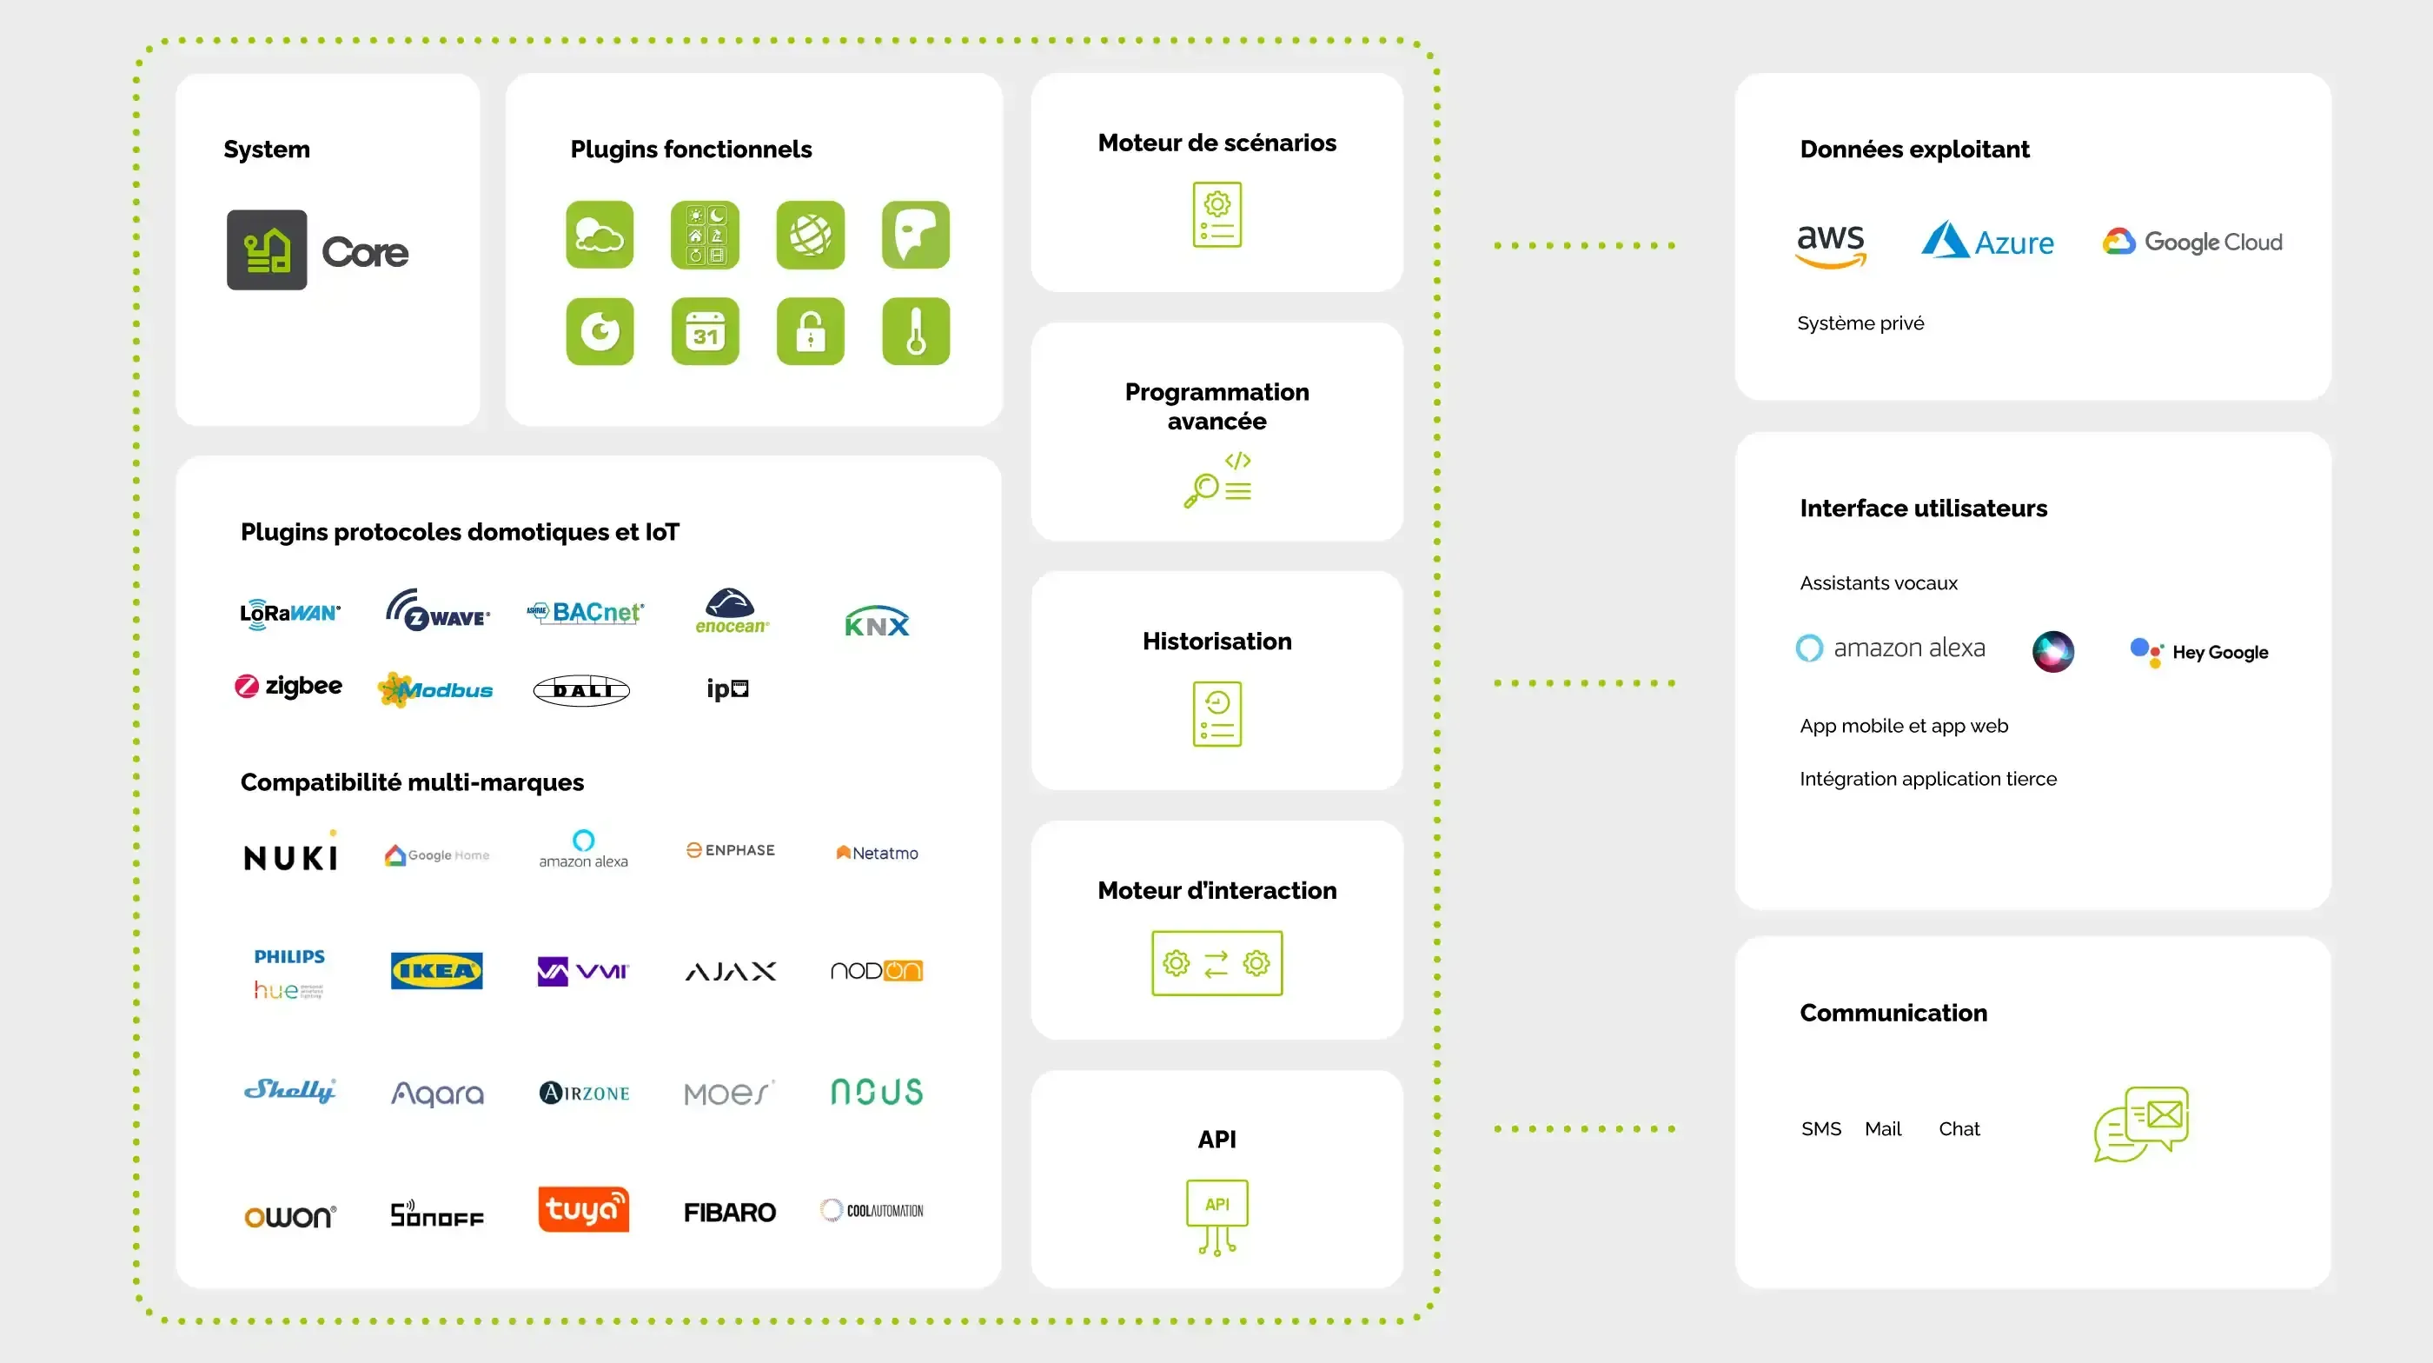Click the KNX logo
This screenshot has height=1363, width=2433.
click(877, 622)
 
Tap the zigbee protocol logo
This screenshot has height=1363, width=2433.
click(288, 686)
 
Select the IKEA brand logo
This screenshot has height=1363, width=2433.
click(436, 970)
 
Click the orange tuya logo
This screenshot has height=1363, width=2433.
click(583, 1209)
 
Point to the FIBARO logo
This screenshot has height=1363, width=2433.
click(729, 1212)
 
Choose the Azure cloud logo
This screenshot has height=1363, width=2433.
click(1987, 241)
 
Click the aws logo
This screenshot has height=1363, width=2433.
click(1831, 244)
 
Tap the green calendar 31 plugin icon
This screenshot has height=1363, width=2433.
click(705, 331)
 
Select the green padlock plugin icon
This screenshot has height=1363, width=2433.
click(811, 331)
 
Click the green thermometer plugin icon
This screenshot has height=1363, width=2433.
click(915, 331)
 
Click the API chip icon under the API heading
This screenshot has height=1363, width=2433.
click(1216, 1215)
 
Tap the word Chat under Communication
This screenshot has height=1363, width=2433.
click(1959, 1129)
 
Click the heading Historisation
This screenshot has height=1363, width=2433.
click(1216, 642)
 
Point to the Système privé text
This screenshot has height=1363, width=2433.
click(1860, 323)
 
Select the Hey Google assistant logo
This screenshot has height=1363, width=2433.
click(2198, 652)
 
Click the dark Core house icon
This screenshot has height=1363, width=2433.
click(267, 250)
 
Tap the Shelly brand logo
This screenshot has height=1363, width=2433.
click(289, 1090)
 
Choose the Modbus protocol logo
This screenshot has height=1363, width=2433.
click(434, 689)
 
